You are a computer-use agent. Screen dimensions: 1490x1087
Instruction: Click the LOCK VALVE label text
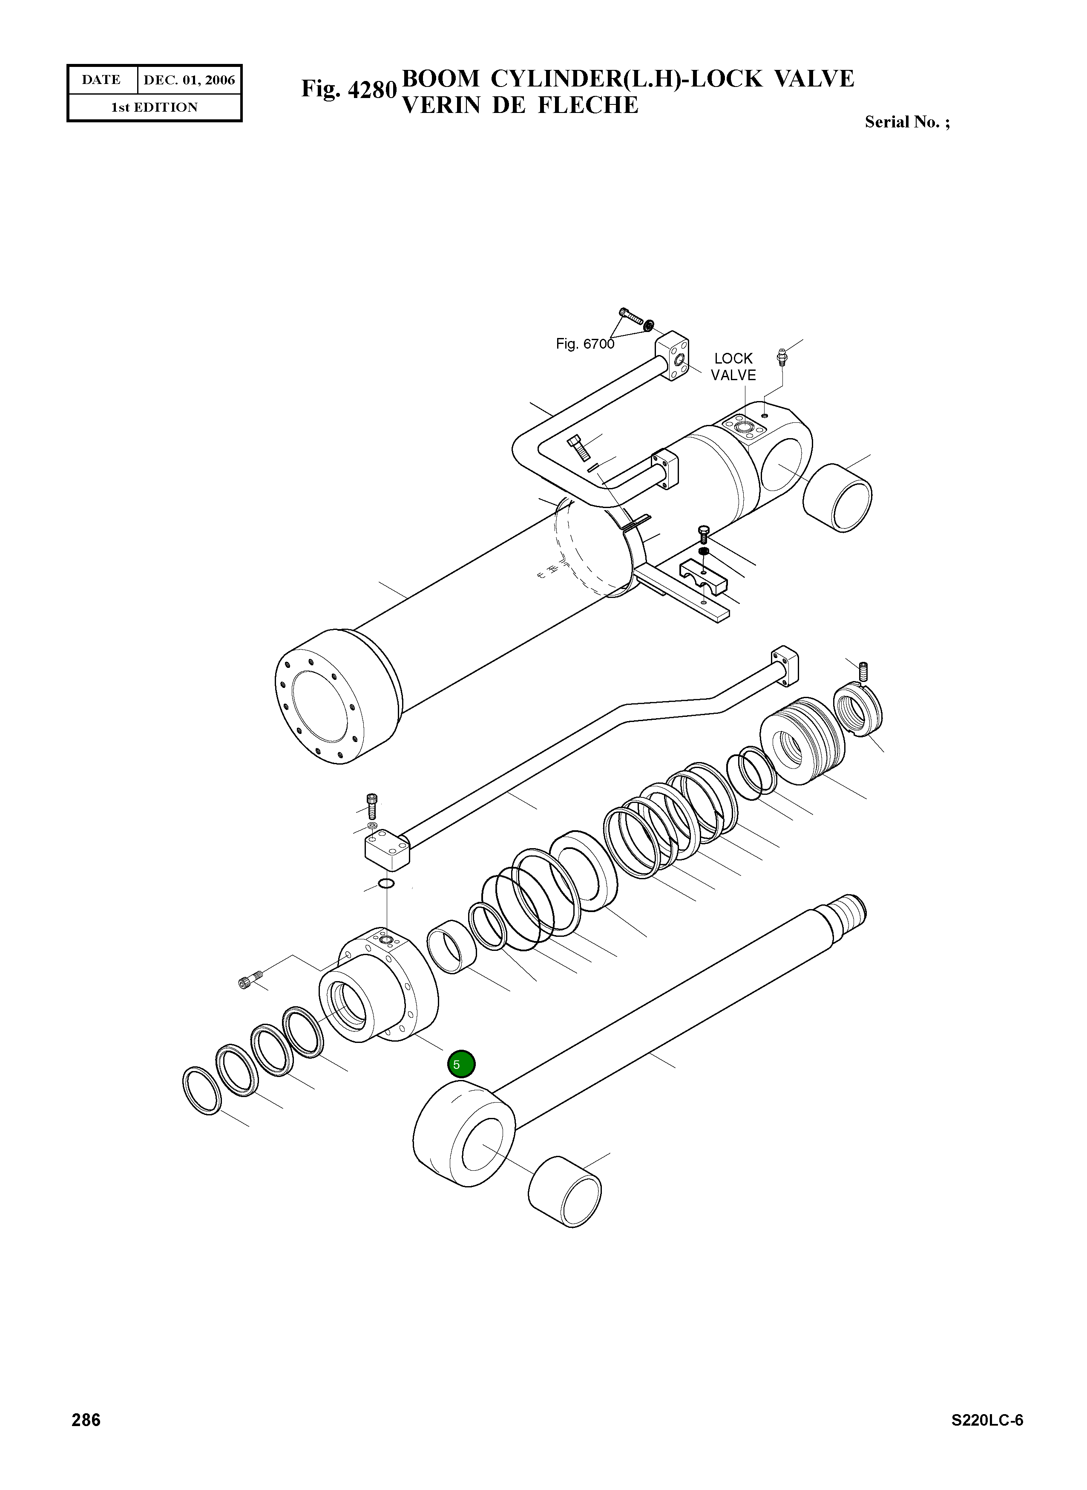pyautogui.click(x=733, y=367)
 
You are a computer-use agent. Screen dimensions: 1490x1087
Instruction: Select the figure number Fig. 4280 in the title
pyautogui.click(x=349, y=89)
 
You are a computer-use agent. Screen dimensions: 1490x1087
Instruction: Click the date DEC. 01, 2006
pyautogui.click(x=189, y=80)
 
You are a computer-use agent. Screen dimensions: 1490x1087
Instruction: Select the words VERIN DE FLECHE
pyautogui.click(x=520, y=105)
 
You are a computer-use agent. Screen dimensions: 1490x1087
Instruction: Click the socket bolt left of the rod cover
pyautogui.click(x=250, y=980)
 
